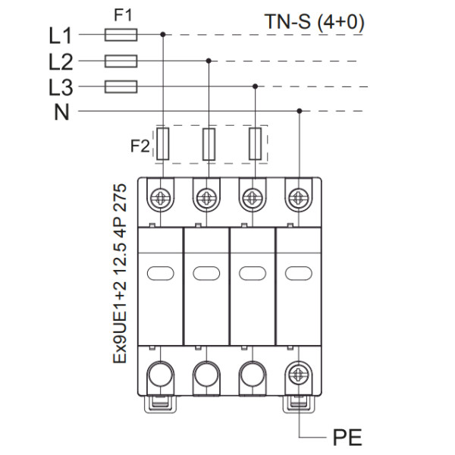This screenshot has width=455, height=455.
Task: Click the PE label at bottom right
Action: tap(347, 438)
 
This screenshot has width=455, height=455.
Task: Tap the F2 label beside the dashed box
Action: tap(140, 145)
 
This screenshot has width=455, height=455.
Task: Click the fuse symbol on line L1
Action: tap(121, 34)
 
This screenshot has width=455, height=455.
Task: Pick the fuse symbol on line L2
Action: tap(121, 61)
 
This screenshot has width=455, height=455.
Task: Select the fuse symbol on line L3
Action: tap(121, 86)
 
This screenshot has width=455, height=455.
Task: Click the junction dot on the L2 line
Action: tap(209, 61)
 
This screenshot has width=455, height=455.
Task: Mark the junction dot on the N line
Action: tap(300, 112)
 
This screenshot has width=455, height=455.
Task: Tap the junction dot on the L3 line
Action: tap(255, 86)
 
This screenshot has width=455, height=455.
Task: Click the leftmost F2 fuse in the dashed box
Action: tap(162, 143)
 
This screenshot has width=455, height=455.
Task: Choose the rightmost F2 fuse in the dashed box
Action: tap(256, 143)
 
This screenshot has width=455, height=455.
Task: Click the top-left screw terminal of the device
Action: tap(161, 198)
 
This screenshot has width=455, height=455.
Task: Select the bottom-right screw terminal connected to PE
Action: tap(297, 374)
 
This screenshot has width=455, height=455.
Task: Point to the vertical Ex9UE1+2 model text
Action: tap(119, 273)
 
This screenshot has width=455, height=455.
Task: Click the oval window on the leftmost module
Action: tap(161, 273)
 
